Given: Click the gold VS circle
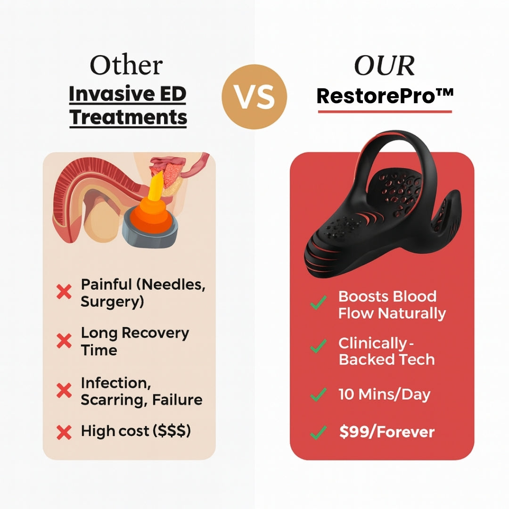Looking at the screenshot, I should pyautogui.click(x=254, y=97).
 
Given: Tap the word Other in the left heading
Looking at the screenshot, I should pyautogui.click(x=126, y=65).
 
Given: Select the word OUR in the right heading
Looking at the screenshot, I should pyautogui.click(x=384, y=66).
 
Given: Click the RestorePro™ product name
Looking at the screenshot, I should pyautogui.click(x=385, y=96).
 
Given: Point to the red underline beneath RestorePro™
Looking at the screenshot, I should pyautogui.click(x=385, y=112).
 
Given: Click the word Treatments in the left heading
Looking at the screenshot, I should pyautogui.click(x=128, y=116).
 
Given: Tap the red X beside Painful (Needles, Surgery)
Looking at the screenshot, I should pyautogui.click(x=64, y=292).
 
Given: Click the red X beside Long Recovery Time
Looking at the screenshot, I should pyautogui.click(x=64, y=341).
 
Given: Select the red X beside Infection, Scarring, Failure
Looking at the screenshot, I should pyautogui.click(x=64, y=390).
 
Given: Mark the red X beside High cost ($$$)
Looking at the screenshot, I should pyautogui.click(x=64, y=432).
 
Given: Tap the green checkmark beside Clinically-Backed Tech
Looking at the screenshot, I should pyautogui.click(x=319, y=347).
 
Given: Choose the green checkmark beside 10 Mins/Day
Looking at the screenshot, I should pyautogui.click(x=319, y=394).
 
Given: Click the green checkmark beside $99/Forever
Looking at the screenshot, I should pyautogui.click(x=319, y=432).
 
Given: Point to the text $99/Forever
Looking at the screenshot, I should pyautogui.click(x=386, y=432).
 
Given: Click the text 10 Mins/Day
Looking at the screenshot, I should pyautogui.click(x=384, y=394).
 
